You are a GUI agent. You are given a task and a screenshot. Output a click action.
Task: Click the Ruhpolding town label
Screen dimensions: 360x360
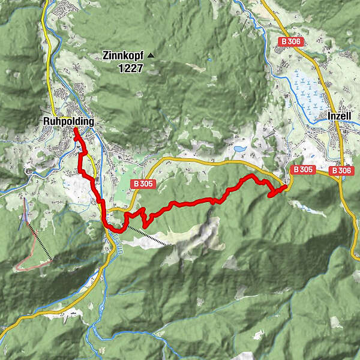pyautogui.click(x=68, y=121)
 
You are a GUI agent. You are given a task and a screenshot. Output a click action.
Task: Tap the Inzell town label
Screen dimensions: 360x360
pyautogui.click(x=340, y=115)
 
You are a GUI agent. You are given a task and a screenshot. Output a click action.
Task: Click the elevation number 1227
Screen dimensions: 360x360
pyautogui.click(x=130, y=68)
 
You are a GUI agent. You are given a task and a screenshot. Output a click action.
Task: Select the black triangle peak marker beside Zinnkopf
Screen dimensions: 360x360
pyautogui.click(x=151, y=56)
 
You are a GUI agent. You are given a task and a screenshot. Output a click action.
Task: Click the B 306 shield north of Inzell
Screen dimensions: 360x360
pyautogui.click(x=292, y=41)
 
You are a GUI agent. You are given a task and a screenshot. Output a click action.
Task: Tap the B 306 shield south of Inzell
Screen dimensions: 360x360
pyautogui.click(x=341, y=170)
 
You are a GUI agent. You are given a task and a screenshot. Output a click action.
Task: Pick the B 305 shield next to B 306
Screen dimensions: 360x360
pyautogui.click(x=302, y=170)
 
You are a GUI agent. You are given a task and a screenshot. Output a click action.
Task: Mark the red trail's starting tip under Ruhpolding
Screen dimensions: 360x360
pyautogui.click(x=76, y=130)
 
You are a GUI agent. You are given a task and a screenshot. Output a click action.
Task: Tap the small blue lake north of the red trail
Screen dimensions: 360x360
pyautogui.click(x=240, y=148)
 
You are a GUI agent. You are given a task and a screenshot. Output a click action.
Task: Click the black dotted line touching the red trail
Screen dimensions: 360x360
pyautogui.click(x=147, y=237)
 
